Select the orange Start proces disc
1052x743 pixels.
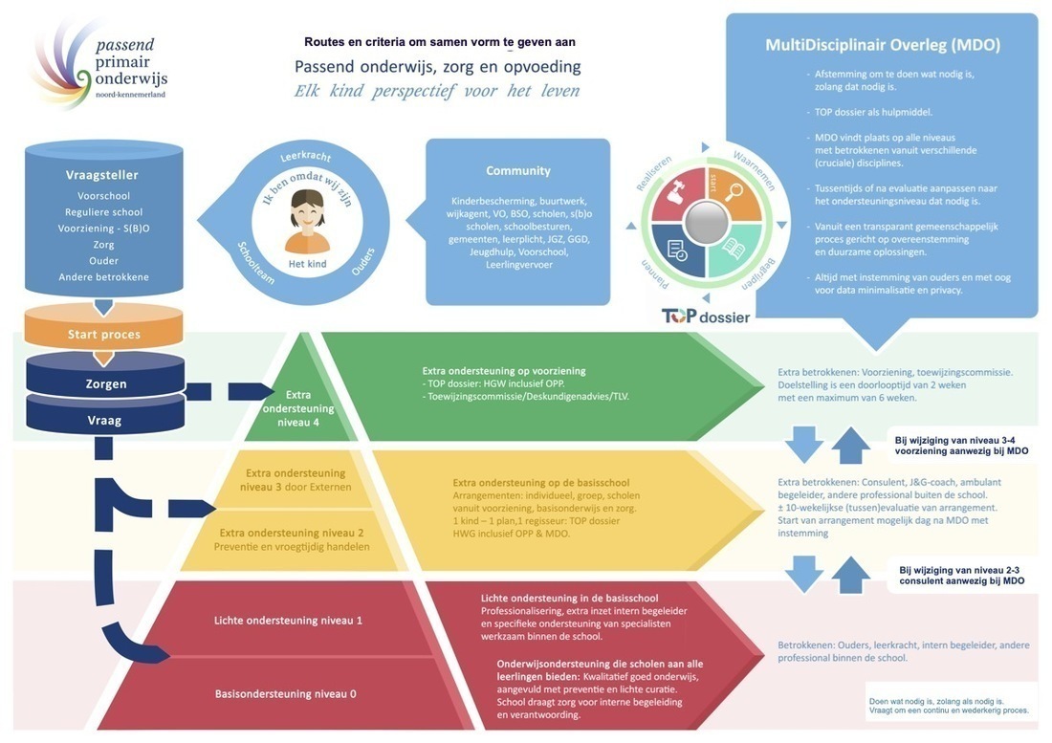coord(103,334)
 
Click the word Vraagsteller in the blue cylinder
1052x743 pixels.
coord(102,175)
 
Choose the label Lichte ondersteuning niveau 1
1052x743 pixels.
coord(288,620)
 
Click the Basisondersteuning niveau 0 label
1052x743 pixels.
coord(285,693)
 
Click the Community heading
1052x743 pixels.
coord(517,170)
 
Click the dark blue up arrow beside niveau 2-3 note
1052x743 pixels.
coord(851,575)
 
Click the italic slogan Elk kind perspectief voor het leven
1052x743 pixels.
coord(437,92)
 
